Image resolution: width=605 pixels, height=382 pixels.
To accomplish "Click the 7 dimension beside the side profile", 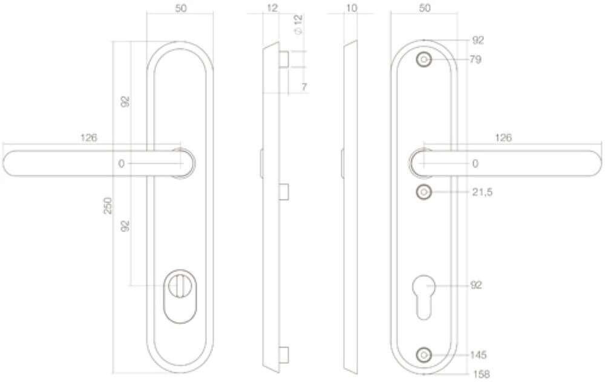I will click(x=304, y=87).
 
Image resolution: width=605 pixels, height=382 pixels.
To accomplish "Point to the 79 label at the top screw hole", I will click(x=476, y=60).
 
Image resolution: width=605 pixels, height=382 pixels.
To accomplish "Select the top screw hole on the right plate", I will click(x=423, y=60).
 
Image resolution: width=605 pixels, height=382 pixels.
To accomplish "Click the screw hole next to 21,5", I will click(x=423, y=192).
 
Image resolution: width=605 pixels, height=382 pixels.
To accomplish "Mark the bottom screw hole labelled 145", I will click(x=423, y=354).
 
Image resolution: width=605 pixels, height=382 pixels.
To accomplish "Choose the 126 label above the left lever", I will click(x=89, y=138).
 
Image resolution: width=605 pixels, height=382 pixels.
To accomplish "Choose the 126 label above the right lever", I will click(x=503, y=138).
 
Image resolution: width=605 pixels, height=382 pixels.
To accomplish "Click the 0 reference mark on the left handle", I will click(x=121, y=164).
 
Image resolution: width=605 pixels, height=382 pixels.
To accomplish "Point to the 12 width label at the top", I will click(x=272, y=8).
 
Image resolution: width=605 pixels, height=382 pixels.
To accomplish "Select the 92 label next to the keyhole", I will click(x=476, y=285).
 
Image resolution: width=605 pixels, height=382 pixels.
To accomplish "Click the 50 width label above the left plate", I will click(x=180, y=8).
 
